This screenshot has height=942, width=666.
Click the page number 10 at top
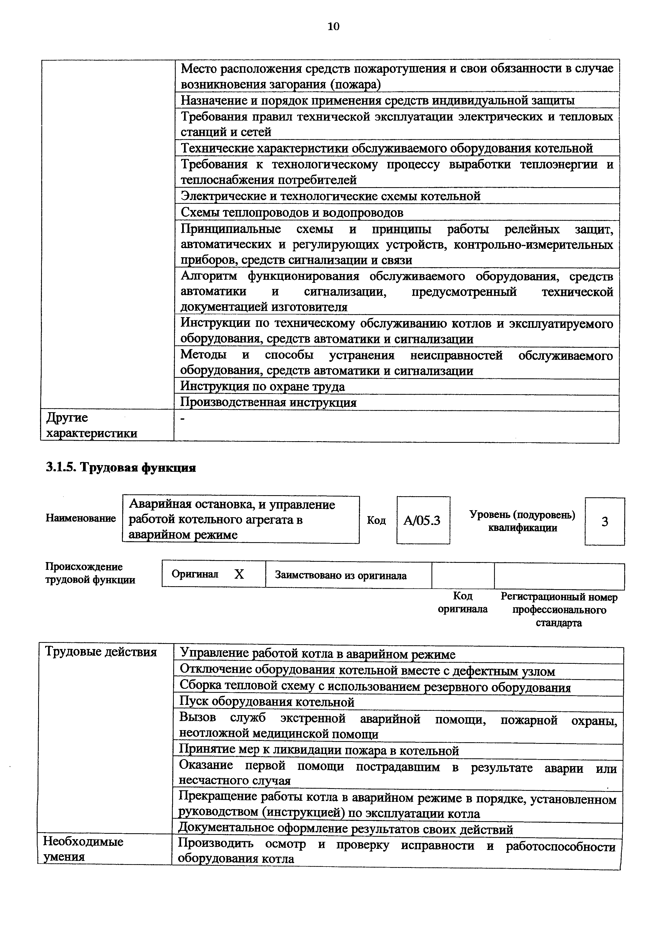333,27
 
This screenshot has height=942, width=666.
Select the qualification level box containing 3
604,522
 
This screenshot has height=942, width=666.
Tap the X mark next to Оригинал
239,574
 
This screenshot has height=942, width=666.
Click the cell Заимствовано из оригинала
341,576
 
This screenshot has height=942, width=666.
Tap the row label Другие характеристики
92,425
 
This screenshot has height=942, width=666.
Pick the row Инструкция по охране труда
263,386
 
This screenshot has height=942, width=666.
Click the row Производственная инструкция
269,403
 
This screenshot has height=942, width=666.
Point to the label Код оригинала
462,602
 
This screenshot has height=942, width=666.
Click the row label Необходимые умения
83,849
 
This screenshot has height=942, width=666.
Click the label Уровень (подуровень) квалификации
522,521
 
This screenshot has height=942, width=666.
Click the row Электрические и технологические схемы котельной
330,196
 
